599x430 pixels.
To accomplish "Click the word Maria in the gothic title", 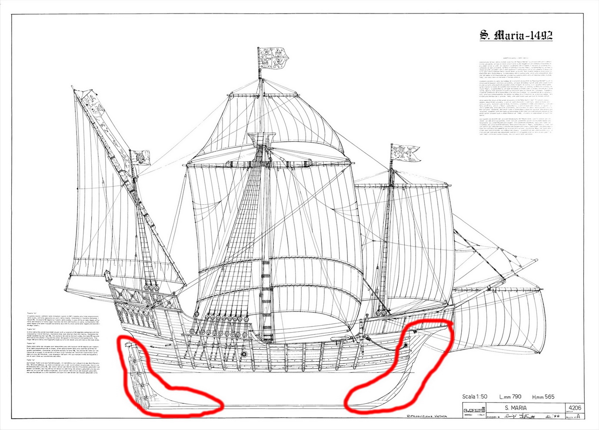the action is click(x=507, y=36).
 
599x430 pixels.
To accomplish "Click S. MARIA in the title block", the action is click(x=516, y=408).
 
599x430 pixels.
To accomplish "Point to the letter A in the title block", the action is click(x=578, y=416).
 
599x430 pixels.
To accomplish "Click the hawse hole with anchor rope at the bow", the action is click(x=406, y=344).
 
